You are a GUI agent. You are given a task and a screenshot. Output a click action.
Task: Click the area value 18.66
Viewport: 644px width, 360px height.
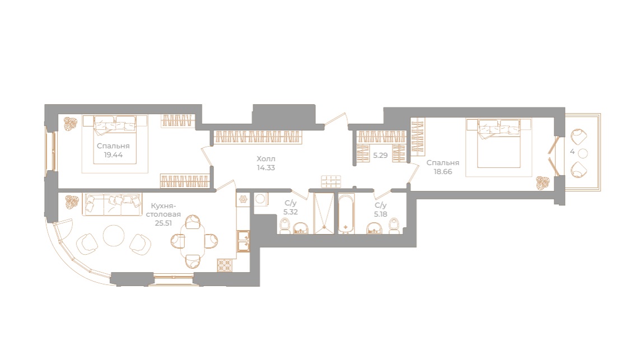(x=442, y=171)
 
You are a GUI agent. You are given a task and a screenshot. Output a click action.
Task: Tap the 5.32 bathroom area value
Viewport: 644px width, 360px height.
(x=290, y=212)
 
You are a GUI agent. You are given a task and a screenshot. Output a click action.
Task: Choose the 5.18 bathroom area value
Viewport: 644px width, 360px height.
(x=381, y=213)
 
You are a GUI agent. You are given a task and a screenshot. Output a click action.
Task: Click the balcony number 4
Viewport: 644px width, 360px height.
(x=572, y=152)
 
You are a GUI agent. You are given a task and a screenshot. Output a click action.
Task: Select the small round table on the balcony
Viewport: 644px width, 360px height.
(x=582, y=153)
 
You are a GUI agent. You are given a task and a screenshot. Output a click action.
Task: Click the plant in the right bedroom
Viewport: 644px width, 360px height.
(x=542, y=182)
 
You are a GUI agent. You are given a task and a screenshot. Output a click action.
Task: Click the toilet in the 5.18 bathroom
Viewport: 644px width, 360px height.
(x=393, y=226)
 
